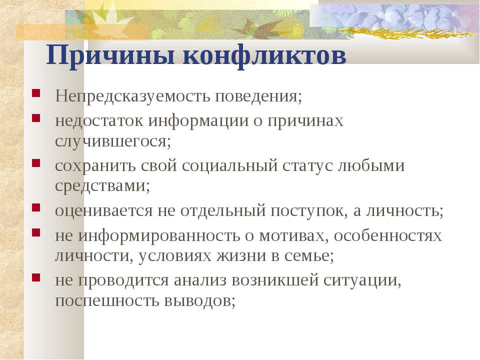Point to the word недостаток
(99, 120)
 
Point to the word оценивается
(104, 211)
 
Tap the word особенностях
(388, 236)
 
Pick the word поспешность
(107, 300)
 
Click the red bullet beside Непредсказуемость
(36, 93)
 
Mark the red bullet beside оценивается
(36, 207)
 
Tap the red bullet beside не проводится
(36, 277)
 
